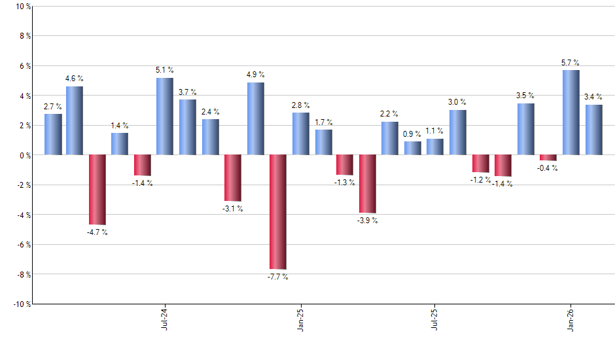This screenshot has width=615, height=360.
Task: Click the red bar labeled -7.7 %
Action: [x=278, y=212]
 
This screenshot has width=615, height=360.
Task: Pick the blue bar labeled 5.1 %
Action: [x=165, y=117]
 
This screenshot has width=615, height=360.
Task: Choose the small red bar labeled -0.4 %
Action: [x=548, y=158]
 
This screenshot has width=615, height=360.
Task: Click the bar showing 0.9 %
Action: [x=413, y=149]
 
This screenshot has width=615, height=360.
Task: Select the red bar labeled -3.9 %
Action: [x=367, y=184]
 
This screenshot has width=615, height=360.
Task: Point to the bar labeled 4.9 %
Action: [x=256, y=118]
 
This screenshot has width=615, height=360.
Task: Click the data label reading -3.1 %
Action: [x=232, y=209]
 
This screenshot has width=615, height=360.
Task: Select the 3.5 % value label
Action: [x=525, y=96]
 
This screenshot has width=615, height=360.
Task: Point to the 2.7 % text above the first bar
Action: [x=53, y=106]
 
